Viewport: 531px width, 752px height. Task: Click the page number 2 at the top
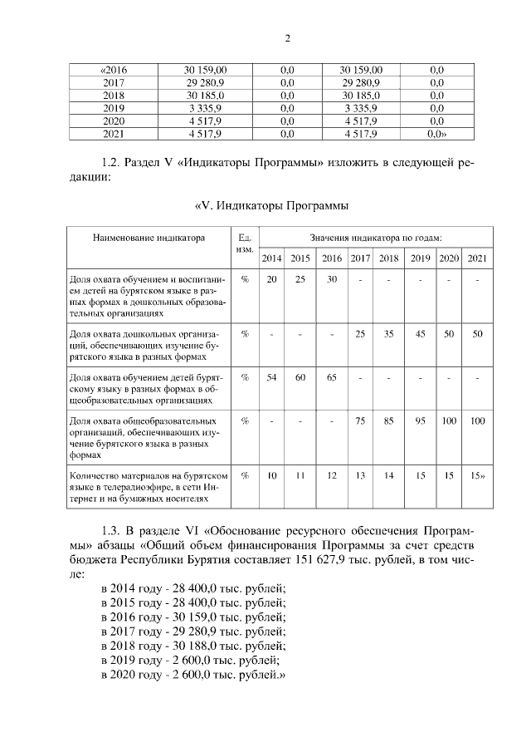point(286,37)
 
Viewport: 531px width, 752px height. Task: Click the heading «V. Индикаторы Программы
point(270,205)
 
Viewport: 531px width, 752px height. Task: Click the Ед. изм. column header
point(245,243)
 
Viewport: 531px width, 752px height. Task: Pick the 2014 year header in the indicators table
point(271,258)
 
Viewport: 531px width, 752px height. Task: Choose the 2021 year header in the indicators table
point(476,258)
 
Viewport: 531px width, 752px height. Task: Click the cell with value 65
point(331,377)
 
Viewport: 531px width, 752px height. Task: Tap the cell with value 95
point(421,420)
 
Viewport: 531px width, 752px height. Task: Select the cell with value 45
point(421,334)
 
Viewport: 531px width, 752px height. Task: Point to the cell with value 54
point(271,377)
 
